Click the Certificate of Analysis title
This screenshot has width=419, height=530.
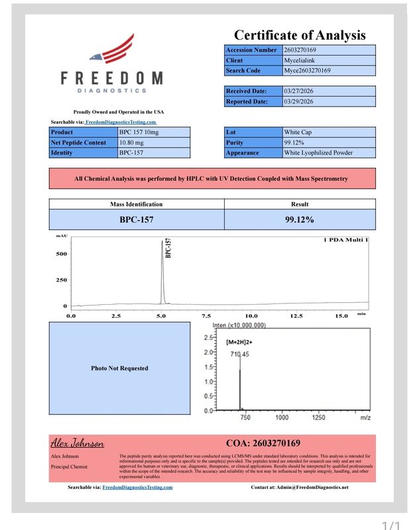(300, 35)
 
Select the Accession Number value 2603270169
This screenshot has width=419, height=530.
(300, 50)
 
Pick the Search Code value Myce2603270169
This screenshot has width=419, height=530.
(308, 70)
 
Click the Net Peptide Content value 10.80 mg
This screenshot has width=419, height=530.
(131, 142)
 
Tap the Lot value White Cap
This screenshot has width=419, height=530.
(297, 132)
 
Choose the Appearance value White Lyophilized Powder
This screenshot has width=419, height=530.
(318, 153)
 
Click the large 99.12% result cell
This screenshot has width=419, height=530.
(300, 219)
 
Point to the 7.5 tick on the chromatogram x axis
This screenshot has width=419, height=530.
(206, 317)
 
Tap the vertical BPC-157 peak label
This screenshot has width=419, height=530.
(168, 248)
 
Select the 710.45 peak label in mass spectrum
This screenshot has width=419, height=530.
(239, 355)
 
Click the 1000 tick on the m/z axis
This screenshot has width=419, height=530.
(282, 418)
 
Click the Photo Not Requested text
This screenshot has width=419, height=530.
(119, 368)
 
